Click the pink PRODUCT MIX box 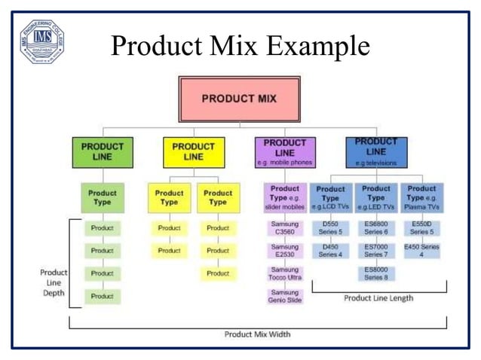[239, 99]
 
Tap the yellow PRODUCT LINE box [193, 151]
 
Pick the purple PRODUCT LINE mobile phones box [285, 151]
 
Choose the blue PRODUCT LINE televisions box [376, 151]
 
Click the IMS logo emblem [41, 41]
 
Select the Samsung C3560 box [285, 228]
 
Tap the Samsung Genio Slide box [285, 297]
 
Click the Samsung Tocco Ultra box [285, 274]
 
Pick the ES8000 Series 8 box [376, 273]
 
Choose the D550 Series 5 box [330, 228]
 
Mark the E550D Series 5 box [421, 228]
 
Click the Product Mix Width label [257, 334]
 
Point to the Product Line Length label [378, 297]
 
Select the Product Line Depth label [53, 282]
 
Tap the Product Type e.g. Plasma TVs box [421, 197]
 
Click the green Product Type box [102, 197]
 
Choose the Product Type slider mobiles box [285, 197]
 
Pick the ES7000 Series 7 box [376, 251]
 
